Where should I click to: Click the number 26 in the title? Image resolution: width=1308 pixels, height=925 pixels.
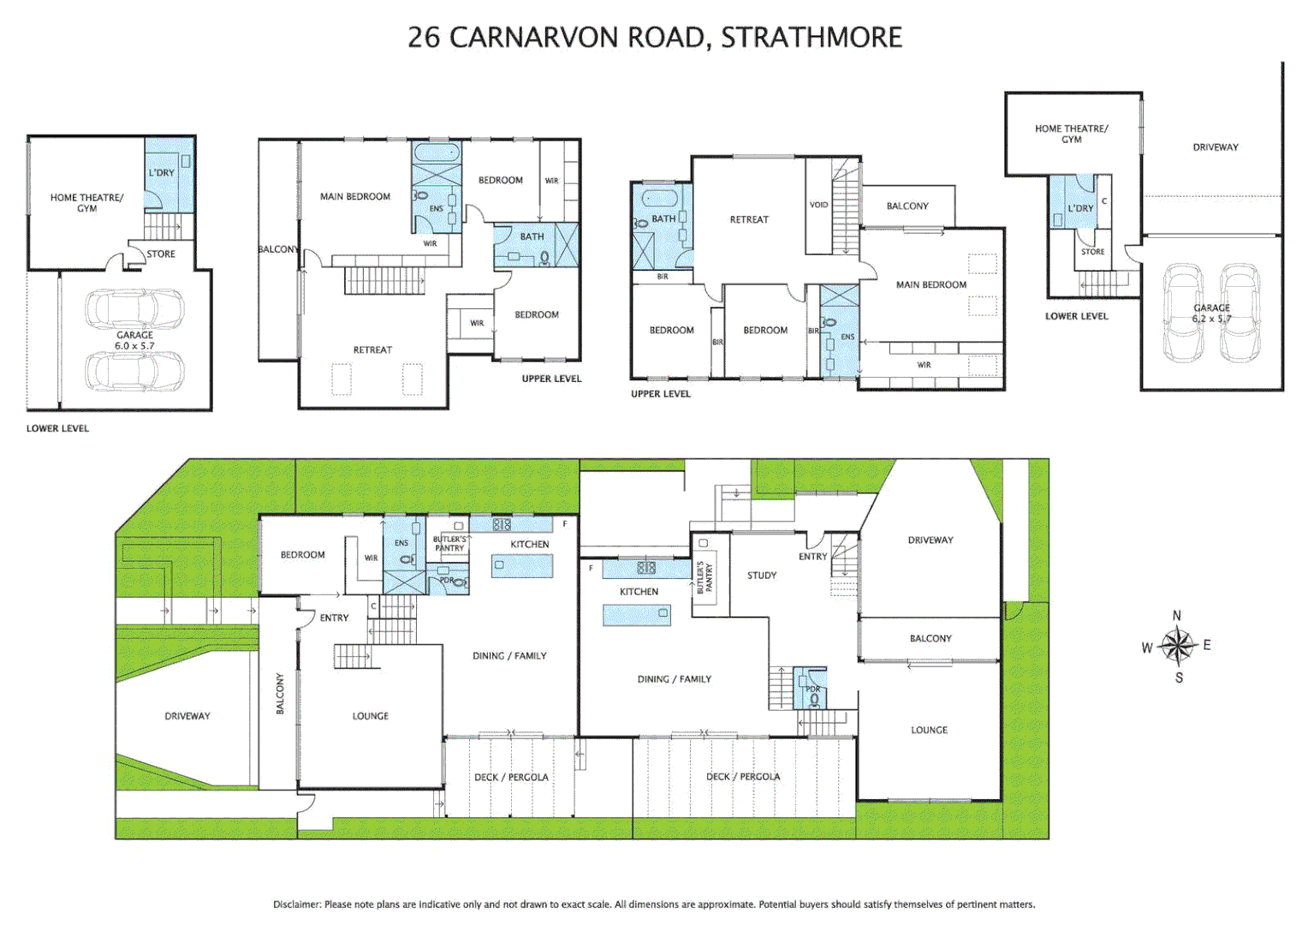click(x=424, y=38)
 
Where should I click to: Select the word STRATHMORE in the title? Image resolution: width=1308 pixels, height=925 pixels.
click(x=812, y=38)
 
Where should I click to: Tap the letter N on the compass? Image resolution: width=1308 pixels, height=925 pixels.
click(x=1177, y=616)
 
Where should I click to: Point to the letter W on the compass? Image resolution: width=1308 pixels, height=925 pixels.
click(x=1147, y=648)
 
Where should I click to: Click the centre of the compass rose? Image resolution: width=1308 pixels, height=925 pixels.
click(x=1178, y=647)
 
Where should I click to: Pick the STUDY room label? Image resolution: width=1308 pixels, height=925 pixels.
click(x=761, y=576)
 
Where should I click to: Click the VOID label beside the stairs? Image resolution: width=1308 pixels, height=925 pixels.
click(x=818, y=205)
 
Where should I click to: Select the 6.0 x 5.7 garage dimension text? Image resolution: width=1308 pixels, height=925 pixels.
click(x=134, y=346)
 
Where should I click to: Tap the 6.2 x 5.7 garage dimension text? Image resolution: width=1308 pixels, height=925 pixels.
click(x=1211, y=319)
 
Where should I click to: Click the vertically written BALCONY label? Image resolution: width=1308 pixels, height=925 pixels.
click(x=280, y=694)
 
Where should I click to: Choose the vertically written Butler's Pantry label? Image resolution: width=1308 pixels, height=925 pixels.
click(x=704, y=578)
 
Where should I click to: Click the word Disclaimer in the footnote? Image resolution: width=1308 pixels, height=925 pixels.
click(x=297, y=904)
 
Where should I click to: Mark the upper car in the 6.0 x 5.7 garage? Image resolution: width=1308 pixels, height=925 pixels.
click(x=134, y=309)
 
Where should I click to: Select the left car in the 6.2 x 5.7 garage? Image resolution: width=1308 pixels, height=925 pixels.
click(x=1183, y=313)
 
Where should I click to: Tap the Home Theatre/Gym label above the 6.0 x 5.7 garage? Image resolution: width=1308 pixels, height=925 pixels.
click(x=86, y=203)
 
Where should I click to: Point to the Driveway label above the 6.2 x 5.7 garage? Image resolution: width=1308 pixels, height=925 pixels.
click(x=1215, y=147)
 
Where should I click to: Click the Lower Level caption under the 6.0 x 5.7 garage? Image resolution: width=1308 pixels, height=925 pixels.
click(x=57, y=428)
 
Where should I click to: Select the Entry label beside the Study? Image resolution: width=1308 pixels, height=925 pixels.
click(x=812, y=557)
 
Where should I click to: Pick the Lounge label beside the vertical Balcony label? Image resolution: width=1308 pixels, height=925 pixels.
click(x=370, y=716)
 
